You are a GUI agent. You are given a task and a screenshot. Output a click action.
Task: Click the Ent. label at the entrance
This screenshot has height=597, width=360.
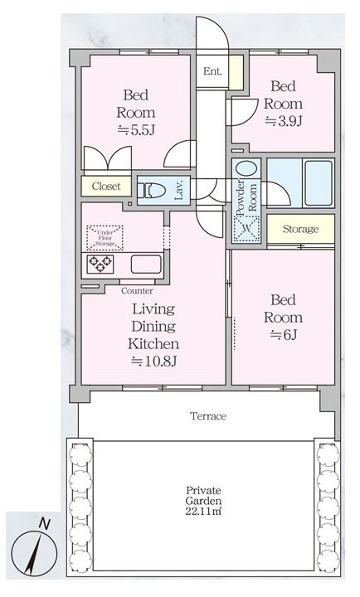(212, 71)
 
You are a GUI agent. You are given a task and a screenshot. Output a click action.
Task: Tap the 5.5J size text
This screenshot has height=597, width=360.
(136, 130)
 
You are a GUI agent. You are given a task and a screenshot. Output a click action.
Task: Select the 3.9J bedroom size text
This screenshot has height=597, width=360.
(284, 121)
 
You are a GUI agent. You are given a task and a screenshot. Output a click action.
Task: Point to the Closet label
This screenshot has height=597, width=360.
(106, 187)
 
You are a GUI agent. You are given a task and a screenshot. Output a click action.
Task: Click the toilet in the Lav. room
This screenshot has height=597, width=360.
(151, 190)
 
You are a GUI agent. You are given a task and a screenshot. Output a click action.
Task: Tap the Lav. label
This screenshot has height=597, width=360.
(179, 190)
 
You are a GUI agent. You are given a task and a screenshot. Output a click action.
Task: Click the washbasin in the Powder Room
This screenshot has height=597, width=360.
(247, 168)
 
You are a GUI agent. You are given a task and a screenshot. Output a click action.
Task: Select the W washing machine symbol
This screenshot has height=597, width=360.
(246, 229)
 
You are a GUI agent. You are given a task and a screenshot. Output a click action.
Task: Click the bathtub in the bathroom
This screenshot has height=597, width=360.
(319, 183)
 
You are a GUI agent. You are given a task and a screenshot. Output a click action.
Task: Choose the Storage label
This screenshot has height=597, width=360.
(300, 229)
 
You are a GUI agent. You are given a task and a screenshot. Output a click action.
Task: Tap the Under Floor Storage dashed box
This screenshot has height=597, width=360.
(105, 238)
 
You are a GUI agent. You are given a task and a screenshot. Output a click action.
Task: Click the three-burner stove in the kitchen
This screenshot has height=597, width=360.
(100, 264)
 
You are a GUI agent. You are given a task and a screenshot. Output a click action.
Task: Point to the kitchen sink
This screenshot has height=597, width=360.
(146, 264)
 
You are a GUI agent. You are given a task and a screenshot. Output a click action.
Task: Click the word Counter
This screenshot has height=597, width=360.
(137, 291)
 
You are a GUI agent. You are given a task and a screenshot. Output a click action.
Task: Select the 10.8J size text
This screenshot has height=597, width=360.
(154, 361)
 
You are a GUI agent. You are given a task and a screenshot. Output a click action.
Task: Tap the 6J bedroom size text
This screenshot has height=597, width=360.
(284, 335)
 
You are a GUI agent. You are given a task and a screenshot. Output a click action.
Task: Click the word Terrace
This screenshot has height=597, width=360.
(208, 416)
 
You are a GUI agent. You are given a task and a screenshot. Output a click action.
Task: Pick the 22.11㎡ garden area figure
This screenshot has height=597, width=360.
(203, 511)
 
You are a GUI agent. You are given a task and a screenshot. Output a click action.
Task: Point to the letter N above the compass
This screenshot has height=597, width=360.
(45, 524)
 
